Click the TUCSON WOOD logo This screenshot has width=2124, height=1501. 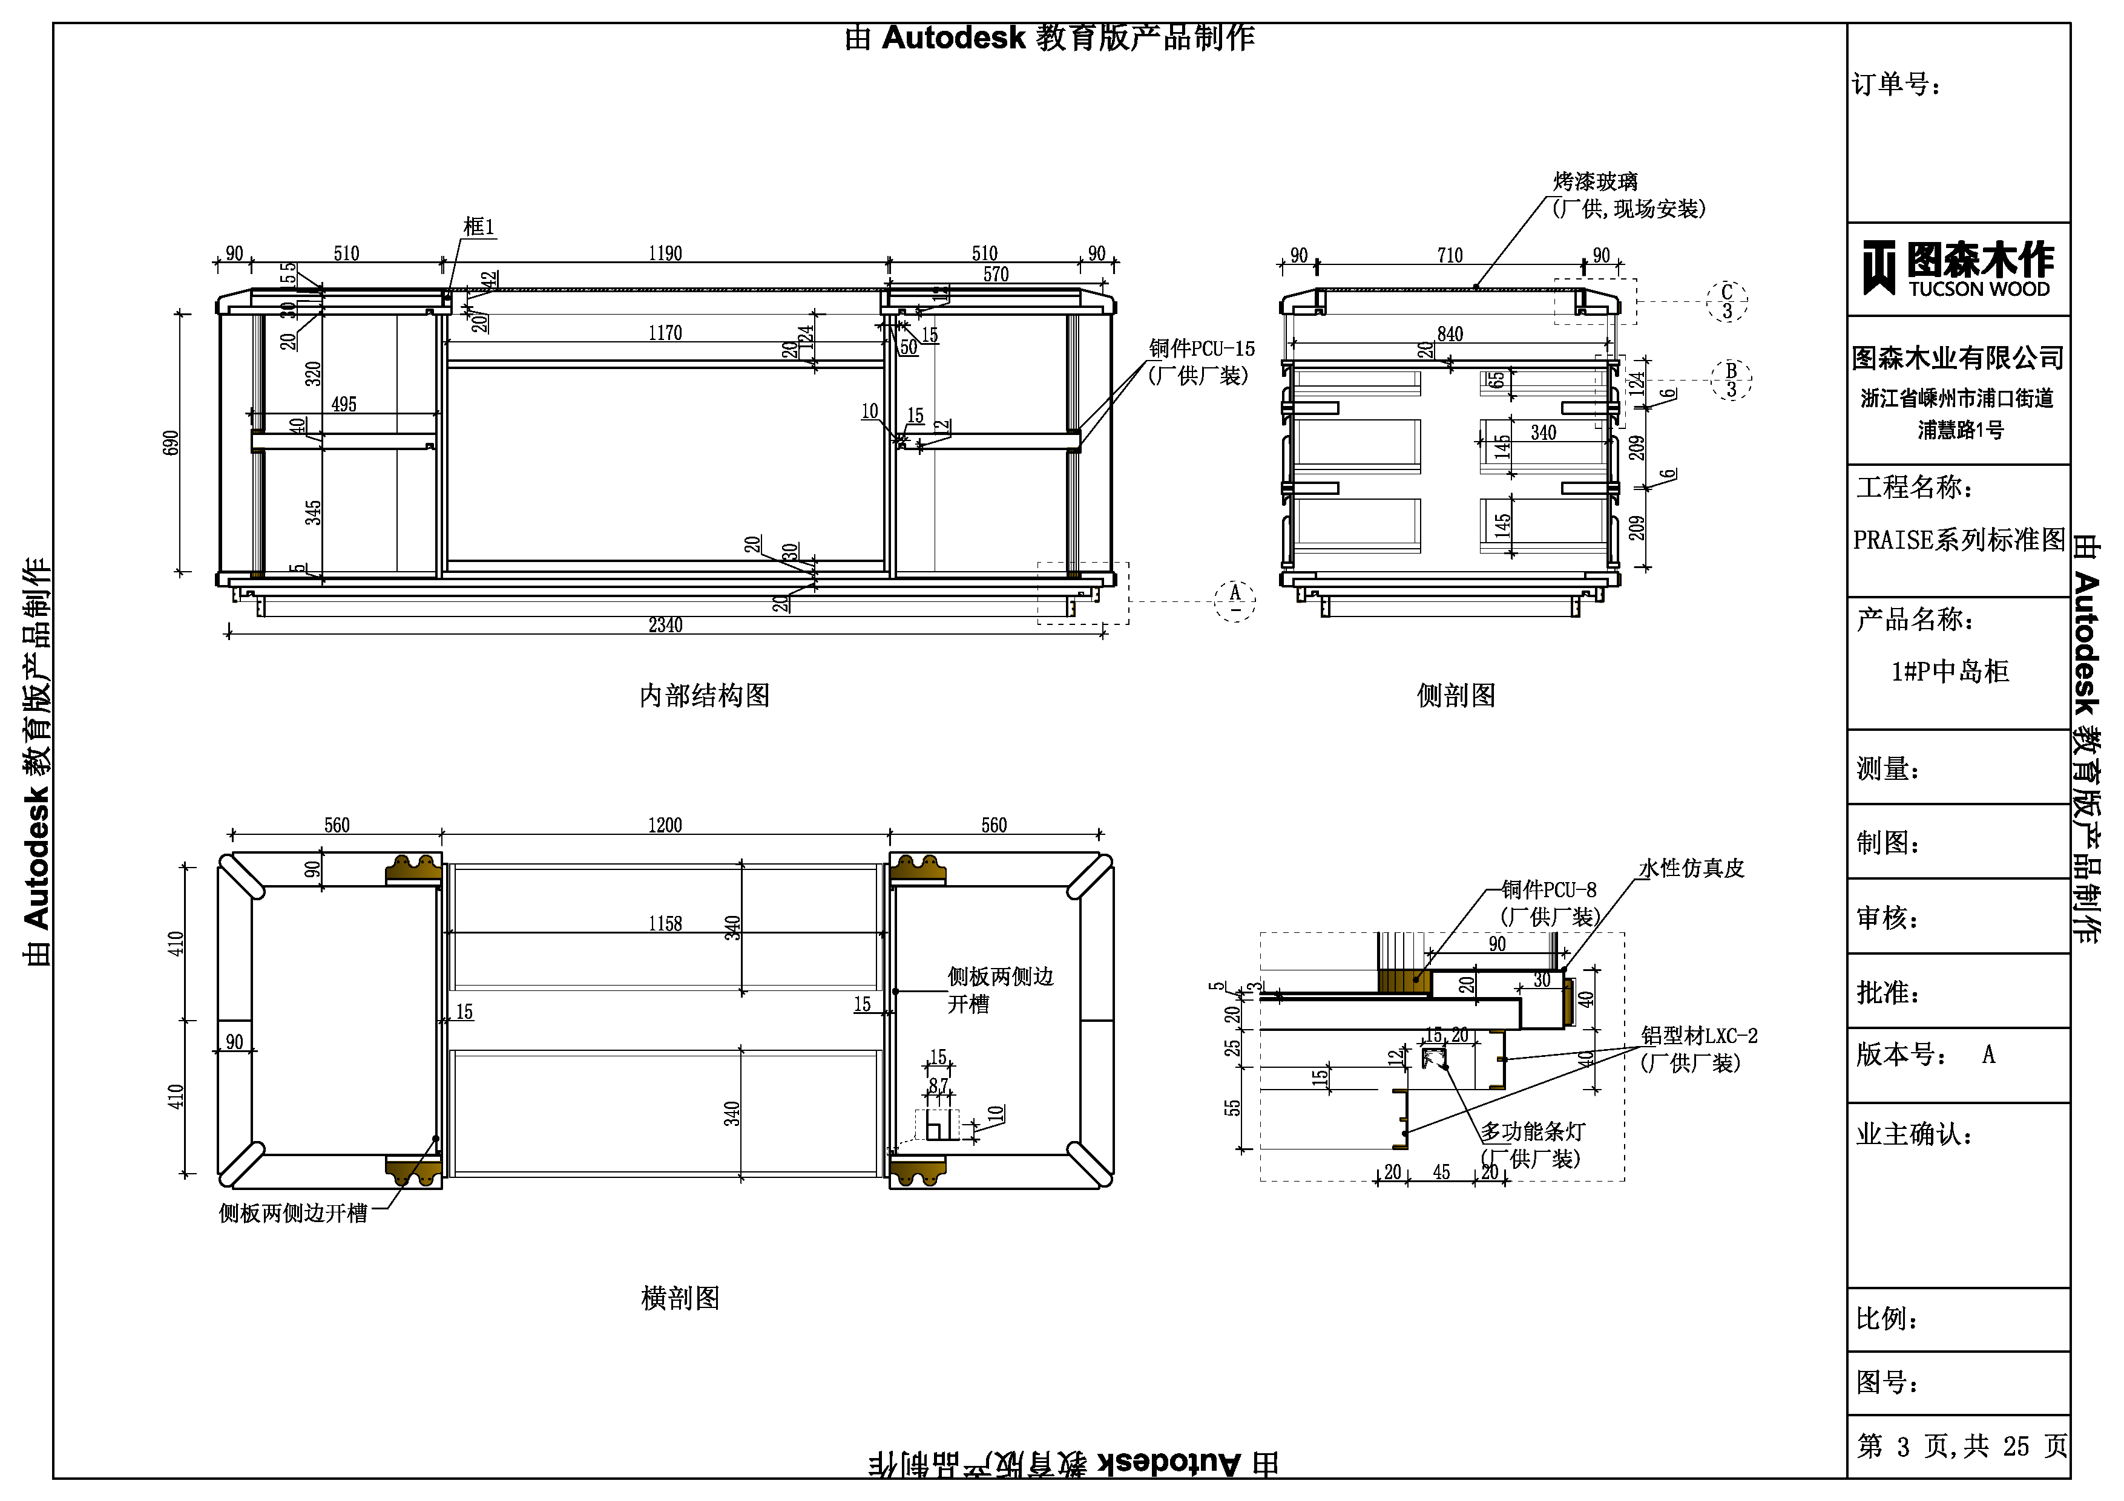click(x=1958, y=269)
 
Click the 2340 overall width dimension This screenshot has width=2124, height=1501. click(x=665, y=625)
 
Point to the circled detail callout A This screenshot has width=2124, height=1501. click(x=1234, y=600)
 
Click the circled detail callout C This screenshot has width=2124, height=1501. click(x=1726, y=301)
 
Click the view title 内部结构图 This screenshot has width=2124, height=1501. click(x=704, y=696)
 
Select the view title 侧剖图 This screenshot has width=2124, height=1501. click(x=1456, y=696)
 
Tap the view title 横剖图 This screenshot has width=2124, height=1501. click(x=680, y=1298)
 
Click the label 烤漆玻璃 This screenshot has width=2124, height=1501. click(x=1595, y=181)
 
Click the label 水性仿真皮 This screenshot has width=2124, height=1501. click(x=1691, y=868)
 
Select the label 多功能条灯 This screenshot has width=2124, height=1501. click(x=1533, y=1131)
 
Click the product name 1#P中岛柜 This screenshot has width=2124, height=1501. click(x=1950, y=672)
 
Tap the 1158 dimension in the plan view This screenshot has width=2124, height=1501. click(x=665, y=924)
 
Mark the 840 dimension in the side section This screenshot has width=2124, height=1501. click(x=1450, y=334)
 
